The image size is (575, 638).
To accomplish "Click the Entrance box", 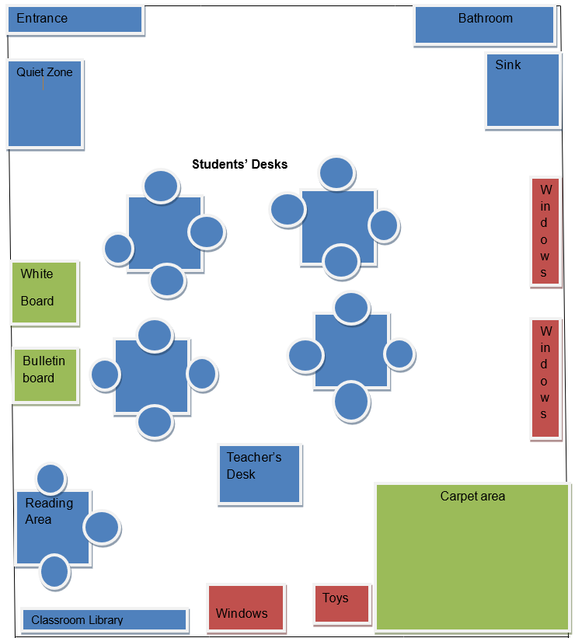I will [x=75, y=19].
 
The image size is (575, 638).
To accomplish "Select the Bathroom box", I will [x=484, y=25].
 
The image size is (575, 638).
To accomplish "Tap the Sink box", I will [x=523, y=90].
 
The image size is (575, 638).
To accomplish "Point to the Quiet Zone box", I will [x=44, y=103].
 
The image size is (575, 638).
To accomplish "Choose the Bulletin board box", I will [x=46, y=375].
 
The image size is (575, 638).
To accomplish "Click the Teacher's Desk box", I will [x=260, y=474].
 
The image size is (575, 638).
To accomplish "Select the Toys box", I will [x=342, y=604].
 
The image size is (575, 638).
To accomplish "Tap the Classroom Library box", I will [x=105, y=619].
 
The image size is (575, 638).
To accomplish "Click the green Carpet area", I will [x=472, y=556].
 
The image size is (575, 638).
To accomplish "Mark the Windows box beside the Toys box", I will [x=246, y=607].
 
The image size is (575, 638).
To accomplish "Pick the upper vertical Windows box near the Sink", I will [x=545, y=232].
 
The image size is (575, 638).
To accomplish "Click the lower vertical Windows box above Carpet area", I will [x=545, y=378].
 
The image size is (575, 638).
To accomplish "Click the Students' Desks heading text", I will [x=240, y=164].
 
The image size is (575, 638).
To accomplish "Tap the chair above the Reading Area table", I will [x=51, y=479].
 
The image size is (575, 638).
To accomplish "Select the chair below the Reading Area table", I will [x=54, y=571].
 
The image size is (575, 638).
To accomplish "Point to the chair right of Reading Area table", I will [x=101, y=528].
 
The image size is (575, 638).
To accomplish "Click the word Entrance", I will [x=42, y=18].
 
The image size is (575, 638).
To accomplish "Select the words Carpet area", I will [x=472, y=496].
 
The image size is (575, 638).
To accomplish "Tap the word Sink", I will [x=508, y=64].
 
